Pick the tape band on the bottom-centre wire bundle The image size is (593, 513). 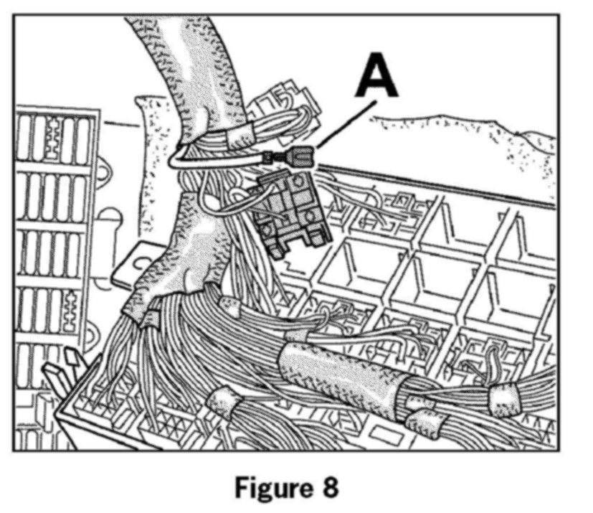pyautogui.click(x=222, y=405)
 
